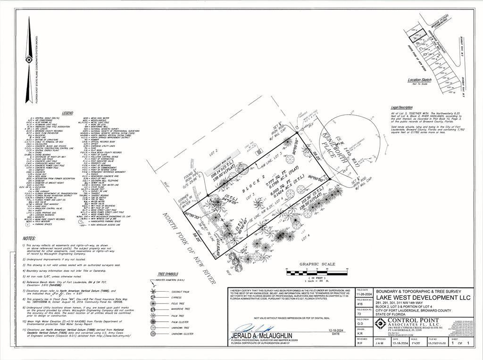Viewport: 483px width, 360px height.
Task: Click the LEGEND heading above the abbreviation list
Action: tap(68, 113)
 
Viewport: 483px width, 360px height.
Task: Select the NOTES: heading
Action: tap(29, 238)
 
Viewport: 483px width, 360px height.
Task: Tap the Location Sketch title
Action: tap(419, 80)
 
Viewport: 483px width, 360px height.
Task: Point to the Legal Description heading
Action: tap(401, 107)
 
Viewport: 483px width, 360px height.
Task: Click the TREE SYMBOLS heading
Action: tap(168, 274)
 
